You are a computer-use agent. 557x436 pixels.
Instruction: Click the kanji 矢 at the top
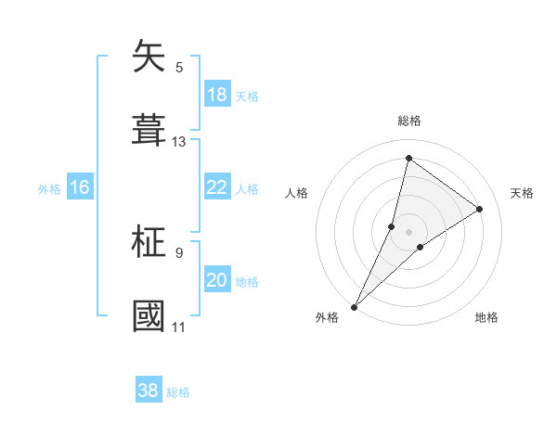click(x=149, y=58)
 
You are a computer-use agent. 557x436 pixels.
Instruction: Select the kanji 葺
click(x=149, y=130)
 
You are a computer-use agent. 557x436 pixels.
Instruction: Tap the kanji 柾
click(x=149, y=243)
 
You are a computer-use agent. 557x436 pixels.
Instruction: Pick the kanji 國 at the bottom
click(x=149, y=315)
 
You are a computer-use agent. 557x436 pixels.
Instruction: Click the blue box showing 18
click(x=217, y=95)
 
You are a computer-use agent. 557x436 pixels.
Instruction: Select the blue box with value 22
click(x=217, y=187)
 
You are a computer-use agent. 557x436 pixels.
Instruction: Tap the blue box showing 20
click(x=217, y=280)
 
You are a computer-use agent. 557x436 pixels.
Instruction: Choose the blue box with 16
click(x=80, y=187)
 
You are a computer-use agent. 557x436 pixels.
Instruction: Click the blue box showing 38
click(x=149, y=391)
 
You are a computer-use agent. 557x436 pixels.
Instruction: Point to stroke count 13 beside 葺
click(x=179, y=142)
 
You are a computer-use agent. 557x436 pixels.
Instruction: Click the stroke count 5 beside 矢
click(x=179, y=67)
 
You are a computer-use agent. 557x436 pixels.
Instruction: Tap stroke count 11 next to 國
click(x=179, y=327)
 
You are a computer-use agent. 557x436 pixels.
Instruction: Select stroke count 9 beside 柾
click(x=179, y=252)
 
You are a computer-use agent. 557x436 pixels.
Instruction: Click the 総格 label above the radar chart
click(x=409, y=121)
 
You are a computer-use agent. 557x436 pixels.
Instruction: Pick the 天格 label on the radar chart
click(x=523, y=193)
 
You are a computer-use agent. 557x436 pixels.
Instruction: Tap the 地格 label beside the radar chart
click(x=486, y=318)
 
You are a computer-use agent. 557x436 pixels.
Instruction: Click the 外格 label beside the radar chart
click(x=327, y=318)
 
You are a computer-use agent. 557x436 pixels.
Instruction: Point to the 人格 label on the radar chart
click(x=296, y=193)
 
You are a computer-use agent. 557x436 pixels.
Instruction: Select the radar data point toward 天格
click(x=480, y=209)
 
